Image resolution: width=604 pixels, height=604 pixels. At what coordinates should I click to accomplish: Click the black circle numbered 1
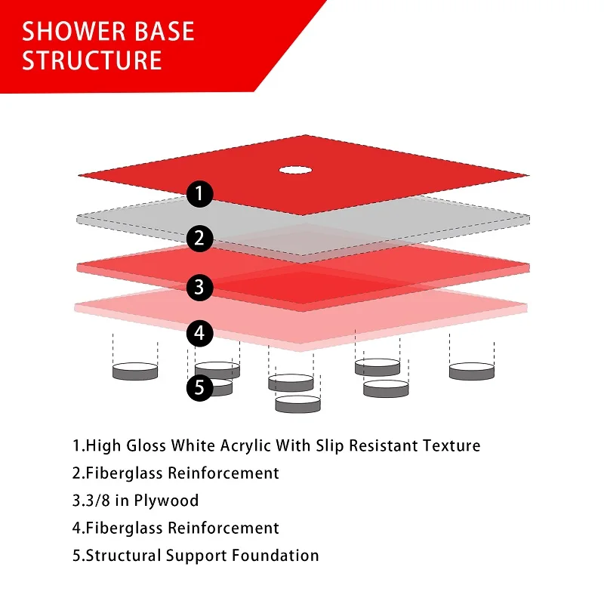pos(199,194)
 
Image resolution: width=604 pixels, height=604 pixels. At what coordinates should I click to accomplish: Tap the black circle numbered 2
pos(199,239)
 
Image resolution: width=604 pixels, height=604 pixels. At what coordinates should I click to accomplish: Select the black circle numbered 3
pos(199,288)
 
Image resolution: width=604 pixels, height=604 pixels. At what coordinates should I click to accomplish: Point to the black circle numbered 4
pos(199,333)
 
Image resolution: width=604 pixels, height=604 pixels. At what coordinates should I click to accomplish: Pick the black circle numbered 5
pos(199,387)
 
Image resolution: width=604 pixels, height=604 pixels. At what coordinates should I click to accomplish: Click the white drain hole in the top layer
pos(295,170)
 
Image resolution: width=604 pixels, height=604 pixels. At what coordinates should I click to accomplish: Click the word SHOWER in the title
pos(72,31)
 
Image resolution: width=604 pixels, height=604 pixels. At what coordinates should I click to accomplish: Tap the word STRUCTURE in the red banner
pos(91,60)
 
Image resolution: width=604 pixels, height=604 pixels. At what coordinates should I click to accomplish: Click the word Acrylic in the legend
pos(245,446)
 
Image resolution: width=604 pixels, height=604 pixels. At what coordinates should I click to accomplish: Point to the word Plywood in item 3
pos(166,501)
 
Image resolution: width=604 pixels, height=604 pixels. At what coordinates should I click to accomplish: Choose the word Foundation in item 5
pos(276,556)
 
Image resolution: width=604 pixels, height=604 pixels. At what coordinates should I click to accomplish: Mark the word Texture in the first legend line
pos(451,445)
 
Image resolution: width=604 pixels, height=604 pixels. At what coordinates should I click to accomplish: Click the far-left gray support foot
pos(135,371)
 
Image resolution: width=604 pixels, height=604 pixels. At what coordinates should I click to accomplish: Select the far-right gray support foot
pos(472,371)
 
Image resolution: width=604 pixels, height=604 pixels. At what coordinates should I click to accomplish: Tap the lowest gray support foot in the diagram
pos(297,404)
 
